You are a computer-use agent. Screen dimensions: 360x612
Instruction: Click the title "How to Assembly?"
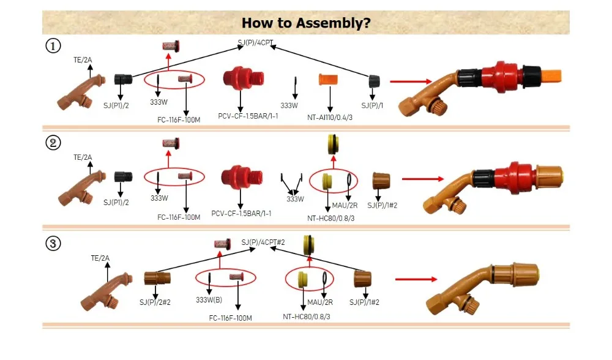tap(306, 23)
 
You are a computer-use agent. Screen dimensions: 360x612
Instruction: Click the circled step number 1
tap(53, 46)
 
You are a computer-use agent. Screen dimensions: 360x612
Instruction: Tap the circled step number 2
tap(53, 143)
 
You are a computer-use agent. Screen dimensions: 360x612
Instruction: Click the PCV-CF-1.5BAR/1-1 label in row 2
tap(241, 213)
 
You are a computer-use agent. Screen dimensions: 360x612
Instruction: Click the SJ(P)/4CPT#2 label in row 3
tap(263, 242)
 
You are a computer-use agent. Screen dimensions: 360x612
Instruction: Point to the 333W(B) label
tap(209, 300)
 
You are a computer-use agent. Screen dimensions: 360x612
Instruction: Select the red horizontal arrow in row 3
tap(416, 279)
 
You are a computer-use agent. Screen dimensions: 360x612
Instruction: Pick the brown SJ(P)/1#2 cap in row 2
tap(382, 181)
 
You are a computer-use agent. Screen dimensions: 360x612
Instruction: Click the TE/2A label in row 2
tap(83, 157)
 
